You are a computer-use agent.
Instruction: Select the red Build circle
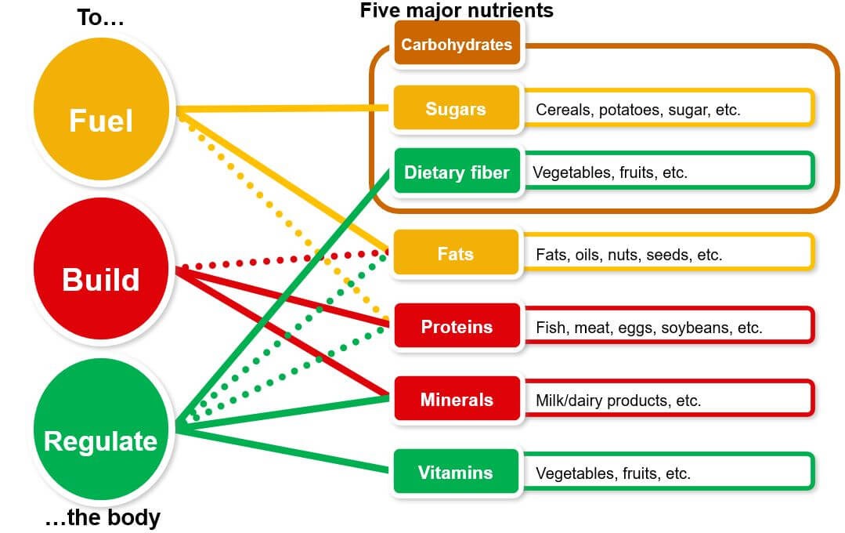[101, 278]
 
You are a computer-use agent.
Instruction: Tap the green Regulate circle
[101, 440]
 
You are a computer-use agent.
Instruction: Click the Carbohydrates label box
[457, 44]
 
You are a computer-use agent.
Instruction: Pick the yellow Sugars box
[456, 108]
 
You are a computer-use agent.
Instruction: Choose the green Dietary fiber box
[457, 172]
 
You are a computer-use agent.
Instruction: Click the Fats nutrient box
[456, 254]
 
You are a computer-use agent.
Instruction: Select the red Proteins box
[457, 326]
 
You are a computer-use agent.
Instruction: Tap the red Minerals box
[457, 400]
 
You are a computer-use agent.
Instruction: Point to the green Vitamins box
[456, 472]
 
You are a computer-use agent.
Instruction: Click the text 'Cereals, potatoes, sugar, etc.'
[637, 110]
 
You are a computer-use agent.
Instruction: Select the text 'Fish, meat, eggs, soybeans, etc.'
[648, 328]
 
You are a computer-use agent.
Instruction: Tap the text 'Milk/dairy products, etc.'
[618, 401]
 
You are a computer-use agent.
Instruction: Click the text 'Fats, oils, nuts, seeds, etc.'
[629, 255]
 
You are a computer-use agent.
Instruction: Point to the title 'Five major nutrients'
[457, 10]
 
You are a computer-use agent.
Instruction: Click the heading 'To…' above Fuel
[100, 18]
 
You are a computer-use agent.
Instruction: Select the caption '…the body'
[102, 517]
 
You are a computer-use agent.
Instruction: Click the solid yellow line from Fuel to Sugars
[282, 108]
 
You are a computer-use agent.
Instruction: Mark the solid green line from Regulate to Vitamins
[282, 450]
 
